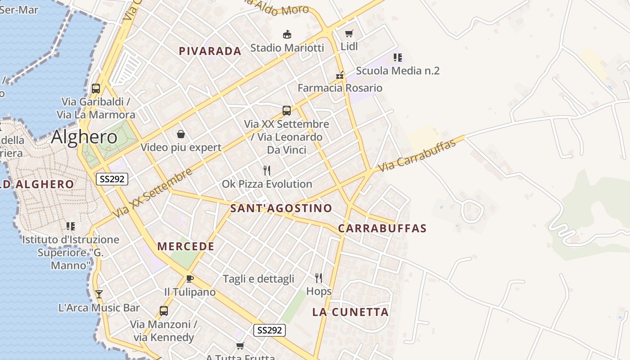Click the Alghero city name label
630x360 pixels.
[84, 137]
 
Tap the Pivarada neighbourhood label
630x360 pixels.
[210, 51]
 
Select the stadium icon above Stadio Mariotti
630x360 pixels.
[287, 34]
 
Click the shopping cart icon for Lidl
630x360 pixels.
[349, 33]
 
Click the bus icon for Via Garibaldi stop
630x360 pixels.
[96, 88]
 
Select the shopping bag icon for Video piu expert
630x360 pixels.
[181, 134]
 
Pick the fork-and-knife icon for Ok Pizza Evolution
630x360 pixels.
[267, 170]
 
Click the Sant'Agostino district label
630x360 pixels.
[281, 208]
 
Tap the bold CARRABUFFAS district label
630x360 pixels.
[382, 228]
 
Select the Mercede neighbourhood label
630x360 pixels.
[186, 247]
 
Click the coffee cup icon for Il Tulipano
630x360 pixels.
[189, 279]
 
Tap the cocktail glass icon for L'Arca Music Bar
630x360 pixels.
[99, 294]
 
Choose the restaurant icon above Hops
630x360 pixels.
[319, 278]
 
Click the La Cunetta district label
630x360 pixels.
[350, 312]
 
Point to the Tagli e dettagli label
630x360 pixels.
[258, 279]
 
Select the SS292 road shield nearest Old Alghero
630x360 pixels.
[112, 179]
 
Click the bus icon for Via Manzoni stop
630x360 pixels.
[164, 310]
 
